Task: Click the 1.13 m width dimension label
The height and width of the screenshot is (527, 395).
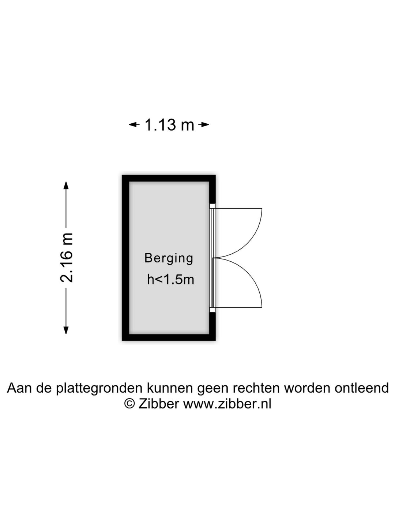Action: coord(169,124)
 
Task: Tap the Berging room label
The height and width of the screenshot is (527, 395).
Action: coord(169,259)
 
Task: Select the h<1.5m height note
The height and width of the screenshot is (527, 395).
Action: coord(170,280)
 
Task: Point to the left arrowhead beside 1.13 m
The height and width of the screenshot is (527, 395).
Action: coord(134,124)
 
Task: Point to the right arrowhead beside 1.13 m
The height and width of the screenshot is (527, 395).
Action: coord(204,124)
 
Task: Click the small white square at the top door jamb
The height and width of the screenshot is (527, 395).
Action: coord(212,206)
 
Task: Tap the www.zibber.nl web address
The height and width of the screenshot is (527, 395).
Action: coord(227,404)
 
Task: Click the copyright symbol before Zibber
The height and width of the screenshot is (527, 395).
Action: coord(129,403)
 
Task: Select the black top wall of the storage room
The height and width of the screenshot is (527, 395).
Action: coord(169,178)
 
